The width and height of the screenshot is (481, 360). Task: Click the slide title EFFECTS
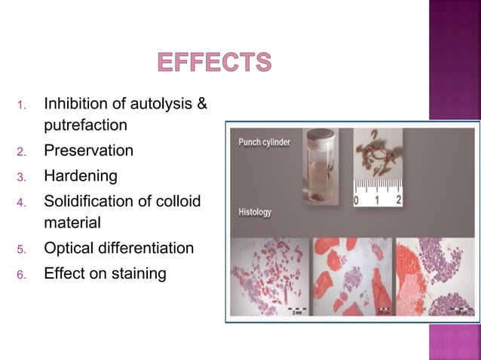pos(214,62)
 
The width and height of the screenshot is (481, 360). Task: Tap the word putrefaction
pos(85,124)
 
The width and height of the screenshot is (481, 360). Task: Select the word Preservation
pos(88,151)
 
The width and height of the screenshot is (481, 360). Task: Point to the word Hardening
pos(81,176)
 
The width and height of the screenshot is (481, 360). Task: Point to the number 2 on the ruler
pos(398,201)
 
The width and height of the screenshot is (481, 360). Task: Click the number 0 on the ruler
pos(357,201)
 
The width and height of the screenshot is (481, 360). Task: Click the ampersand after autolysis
pos(201,103)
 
